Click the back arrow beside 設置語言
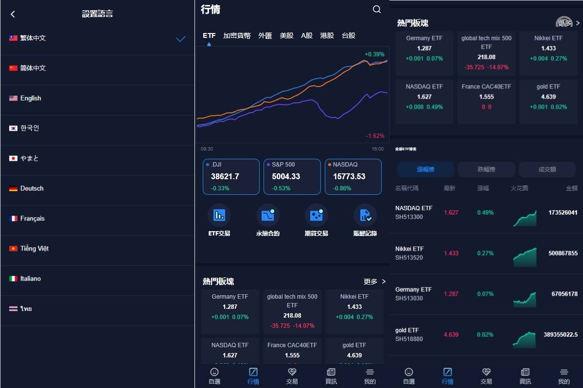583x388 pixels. coord(13,14)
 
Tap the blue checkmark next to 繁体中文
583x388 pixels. coord(181,39)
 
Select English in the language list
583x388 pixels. coord(31,98)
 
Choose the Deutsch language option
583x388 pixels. coord(32,188)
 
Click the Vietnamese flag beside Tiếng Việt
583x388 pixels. coord(13,249)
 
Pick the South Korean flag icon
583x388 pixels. coord(13,128)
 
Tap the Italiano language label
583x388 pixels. coord(31,279)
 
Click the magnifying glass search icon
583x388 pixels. coord(377,9)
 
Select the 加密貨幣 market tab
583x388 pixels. coord(237,35)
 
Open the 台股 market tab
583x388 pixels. coord(348,35)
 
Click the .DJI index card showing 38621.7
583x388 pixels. coord(231,177)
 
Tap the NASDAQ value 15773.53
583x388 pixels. coord(349,176)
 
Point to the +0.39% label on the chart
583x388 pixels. coord(374,54)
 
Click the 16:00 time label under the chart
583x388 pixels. coord(377,149)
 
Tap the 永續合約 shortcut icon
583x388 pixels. coord(268,215)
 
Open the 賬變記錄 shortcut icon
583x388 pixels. coord(365,215)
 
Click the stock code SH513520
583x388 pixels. coord(409,258)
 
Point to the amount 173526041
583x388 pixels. coord(563,213)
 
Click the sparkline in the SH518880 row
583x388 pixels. coord(525,339)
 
